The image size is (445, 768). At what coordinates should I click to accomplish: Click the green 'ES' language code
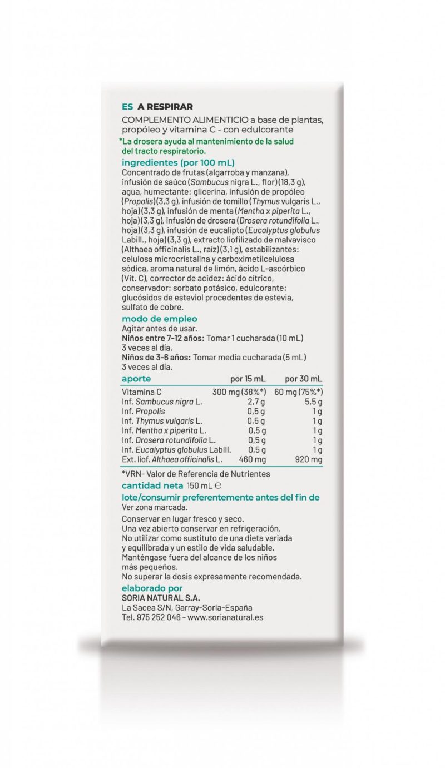pos(127,107)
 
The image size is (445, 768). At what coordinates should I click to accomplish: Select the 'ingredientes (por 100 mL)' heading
pos(178,163)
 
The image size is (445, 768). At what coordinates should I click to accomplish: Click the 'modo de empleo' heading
pos(160,319)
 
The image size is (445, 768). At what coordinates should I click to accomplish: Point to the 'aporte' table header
pos(136,379)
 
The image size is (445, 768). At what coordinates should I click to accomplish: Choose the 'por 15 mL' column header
pos(249,379)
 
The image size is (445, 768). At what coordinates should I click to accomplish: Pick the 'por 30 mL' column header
pos(303,379)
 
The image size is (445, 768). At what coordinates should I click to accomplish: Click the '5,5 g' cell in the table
pos(314,402)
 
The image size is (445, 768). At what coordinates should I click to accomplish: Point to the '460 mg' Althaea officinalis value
pos(252,459)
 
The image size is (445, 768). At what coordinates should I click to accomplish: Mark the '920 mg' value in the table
pos(309,459)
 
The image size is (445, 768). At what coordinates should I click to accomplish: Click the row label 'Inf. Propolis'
pos(144,412)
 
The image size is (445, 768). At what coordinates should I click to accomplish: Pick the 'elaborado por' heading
pos(152,588)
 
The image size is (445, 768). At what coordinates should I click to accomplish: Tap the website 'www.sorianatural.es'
pos(225,617)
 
